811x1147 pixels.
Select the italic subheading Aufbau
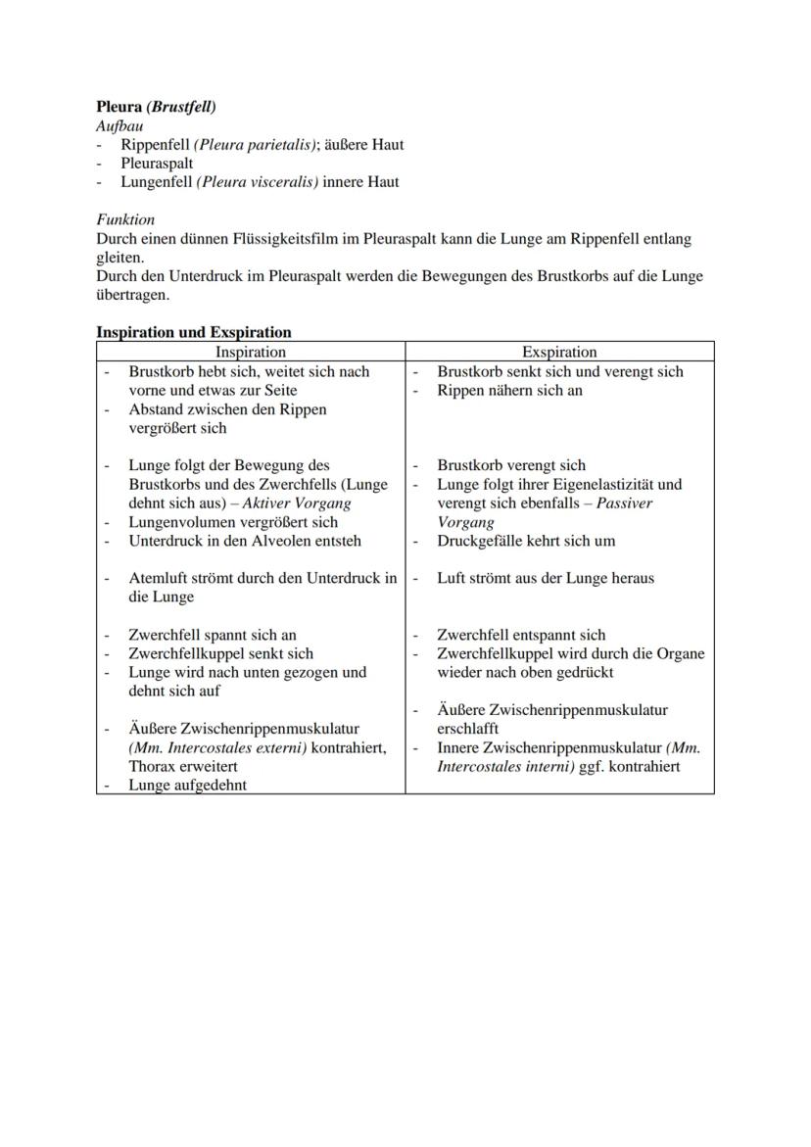point(119,125)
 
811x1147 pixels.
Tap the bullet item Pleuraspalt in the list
point(157,163)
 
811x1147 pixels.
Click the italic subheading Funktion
point(125,219)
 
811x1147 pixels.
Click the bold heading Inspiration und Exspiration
point(193,332)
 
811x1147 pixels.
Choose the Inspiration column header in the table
point(251,352)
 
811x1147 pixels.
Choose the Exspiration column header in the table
point(559,352)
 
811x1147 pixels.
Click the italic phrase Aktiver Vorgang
point(304,502)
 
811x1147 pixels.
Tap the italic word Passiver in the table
point(624,502)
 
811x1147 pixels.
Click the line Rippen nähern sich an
point(509,390)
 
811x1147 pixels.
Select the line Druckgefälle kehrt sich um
point(526,541)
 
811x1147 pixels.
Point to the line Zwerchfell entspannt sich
point(521,635)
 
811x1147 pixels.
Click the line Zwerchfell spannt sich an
point(213,635)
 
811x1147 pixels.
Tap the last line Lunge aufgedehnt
point(188,786)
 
